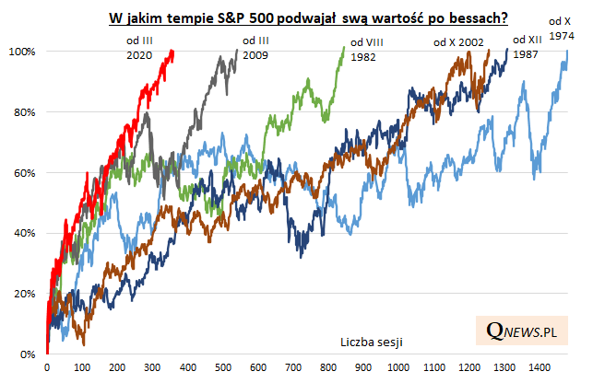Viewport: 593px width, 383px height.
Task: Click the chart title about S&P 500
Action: [x=310, y=17]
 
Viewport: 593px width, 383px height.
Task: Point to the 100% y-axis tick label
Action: [x=21, y=52]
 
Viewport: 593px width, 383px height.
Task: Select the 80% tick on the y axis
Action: [x=24, y=112]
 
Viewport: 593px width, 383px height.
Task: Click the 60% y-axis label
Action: [x=24, y=173]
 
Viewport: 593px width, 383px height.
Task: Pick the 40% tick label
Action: [x=24, y=234]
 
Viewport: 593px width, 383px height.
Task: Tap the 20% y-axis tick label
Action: [x=24, y=294]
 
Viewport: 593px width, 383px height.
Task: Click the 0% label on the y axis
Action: [x=28, y=354]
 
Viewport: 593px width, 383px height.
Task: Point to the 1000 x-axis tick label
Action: [x=399, y=368]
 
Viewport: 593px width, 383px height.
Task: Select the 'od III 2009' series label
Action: [x=255, y=48]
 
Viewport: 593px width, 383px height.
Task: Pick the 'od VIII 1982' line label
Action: [x=364, y=49]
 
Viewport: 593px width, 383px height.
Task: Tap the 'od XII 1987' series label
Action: [x=527, y=47]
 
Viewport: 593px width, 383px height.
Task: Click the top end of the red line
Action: [x=172, y=52]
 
